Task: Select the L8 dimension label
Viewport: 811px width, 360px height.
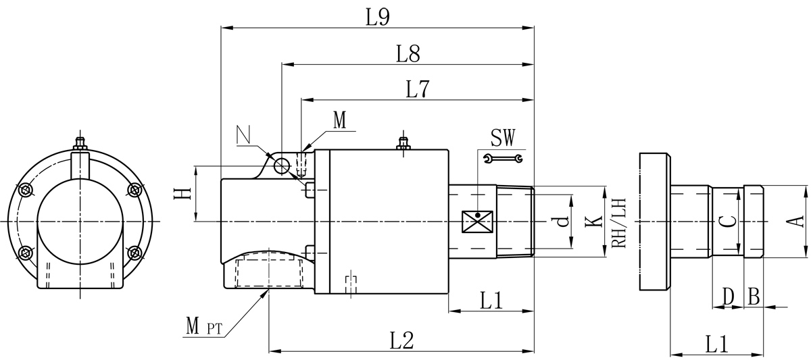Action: click(409, 54)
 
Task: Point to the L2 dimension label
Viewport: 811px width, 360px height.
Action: click(402, 341)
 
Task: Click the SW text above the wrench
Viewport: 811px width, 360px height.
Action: click(503, 138)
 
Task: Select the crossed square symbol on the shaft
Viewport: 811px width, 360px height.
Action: click(478, 221)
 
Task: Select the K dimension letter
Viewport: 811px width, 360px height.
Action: click(593, 221)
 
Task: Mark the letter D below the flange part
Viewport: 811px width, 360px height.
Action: click(728, 296)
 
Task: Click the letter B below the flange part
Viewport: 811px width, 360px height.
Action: click(754, 296)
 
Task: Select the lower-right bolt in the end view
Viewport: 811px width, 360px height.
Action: click(134, 253)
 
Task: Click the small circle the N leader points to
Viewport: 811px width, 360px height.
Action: click(282, 164)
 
